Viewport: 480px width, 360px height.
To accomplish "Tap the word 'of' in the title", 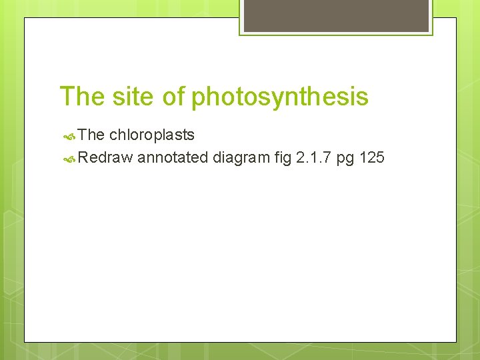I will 173,97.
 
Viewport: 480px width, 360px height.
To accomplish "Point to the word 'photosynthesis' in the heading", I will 279,97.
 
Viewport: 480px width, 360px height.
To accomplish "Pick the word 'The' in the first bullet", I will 91,135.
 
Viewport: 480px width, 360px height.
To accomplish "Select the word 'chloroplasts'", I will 152,135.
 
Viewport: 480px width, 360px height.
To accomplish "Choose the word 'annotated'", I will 173,158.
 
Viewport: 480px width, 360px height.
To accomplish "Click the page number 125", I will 371,158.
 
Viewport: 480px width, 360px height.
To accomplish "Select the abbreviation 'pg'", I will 345,159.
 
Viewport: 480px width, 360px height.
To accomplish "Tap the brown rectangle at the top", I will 336,15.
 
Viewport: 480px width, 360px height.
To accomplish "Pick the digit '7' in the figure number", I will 325,158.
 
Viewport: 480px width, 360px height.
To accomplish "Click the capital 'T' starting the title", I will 66,97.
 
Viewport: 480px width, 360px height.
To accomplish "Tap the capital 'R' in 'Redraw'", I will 83,158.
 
